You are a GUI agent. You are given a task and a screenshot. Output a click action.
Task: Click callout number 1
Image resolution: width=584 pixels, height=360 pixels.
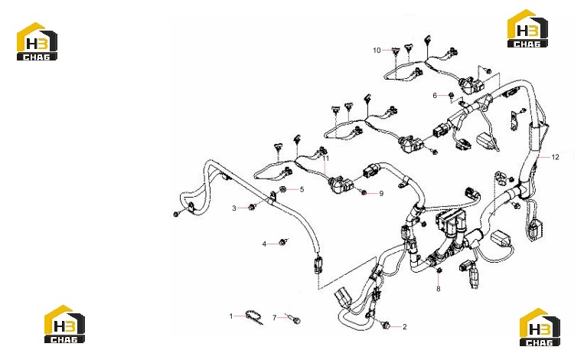pyautogui.click(x=231, y=316)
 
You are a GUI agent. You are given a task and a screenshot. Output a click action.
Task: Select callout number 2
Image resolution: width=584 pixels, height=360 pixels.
pyautogui.click(x=405, y=327)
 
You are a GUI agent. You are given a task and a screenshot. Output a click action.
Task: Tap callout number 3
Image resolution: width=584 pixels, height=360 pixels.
pyautogui.click(x=234, y=208)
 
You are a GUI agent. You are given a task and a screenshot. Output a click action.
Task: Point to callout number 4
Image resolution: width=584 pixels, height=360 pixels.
pyautogui.click(x=264, y=244)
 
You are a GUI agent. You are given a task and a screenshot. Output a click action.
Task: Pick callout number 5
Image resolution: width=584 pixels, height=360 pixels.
pyautogui.click(x=302, y=189)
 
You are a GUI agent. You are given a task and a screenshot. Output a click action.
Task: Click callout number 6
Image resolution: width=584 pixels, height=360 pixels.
pyautogui.click(x=435, y=96)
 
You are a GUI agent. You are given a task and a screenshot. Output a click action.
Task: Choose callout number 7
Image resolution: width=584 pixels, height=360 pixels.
pyautogui.click(x=275, y=318)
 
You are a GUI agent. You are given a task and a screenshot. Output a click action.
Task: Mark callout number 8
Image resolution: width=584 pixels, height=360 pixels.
pyautogui.click(x=439, y=289)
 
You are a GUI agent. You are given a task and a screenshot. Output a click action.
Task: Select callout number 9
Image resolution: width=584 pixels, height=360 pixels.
pyautogui.click(x=381, y=194)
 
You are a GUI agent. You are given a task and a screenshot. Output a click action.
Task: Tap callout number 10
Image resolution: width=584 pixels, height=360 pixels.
pyautogui.click(x=377, y=51)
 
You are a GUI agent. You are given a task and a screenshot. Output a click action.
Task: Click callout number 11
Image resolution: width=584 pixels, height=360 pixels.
pyautogui.click(x=326, y=159)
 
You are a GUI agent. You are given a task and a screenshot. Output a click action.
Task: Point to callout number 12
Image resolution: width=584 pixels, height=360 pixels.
pyautogui.click(x=556, y=157)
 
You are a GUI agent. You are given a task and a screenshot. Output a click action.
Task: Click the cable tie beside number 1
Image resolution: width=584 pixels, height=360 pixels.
pyautogui.click(x=253, y=318)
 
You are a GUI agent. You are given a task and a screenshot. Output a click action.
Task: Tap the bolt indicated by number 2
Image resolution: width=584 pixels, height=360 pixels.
pyautogui.click(x=386, y=325)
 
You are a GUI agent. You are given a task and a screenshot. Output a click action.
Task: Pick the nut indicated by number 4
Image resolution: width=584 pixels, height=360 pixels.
pyautogui.click(x=283, y=242)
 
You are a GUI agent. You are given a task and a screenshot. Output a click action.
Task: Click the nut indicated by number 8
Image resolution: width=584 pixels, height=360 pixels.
pyautogui.click(x=439, y=270)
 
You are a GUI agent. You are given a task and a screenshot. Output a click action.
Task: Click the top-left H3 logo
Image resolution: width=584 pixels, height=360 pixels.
pyautogui.click(x=37, y=41)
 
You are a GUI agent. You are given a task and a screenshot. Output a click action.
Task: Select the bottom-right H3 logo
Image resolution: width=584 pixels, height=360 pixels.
pyautogui.click(x=540, y=327)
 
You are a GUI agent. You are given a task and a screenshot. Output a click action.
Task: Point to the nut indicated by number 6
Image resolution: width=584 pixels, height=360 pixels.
pyautogui.click(x=451, y=96)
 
